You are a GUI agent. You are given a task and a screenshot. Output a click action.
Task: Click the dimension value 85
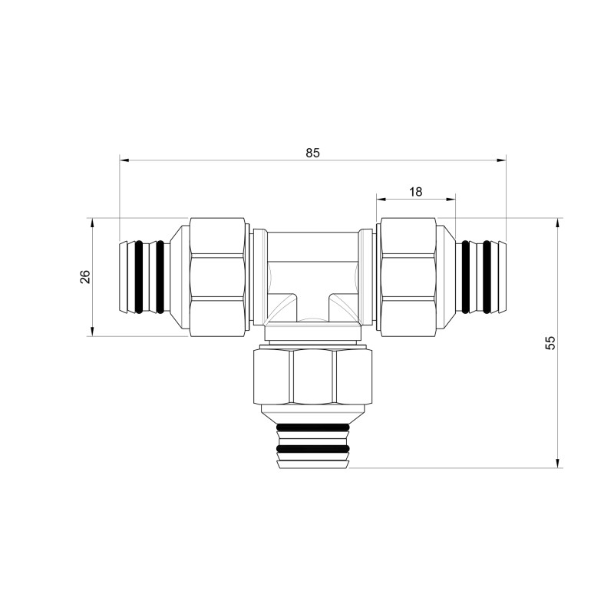coord(312,153)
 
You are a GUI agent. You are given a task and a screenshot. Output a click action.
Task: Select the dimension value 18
coord(416,191)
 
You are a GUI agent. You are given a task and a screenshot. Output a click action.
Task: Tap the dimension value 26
coord(85,277)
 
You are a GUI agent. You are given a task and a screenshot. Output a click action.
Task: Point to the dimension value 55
coord(550,342)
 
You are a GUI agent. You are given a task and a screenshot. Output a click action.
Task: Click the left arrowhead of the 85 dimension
coord(124,160)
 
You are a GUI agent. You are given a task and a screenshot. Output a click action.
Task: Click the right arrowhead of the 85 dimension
coord(501,160)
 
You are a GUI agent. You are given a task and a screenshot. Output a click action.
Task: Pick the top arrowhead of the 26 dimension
coord(92,223)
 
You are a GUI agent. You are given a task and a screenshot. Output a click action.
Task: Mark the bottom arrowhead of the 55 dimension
coord(557,463)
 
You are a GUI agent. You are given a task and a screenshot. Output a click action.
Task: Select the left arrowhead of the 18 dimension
coord(381,199)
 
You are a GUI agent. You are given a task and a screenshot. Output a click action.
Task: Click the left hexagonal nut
coord(218,277)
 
